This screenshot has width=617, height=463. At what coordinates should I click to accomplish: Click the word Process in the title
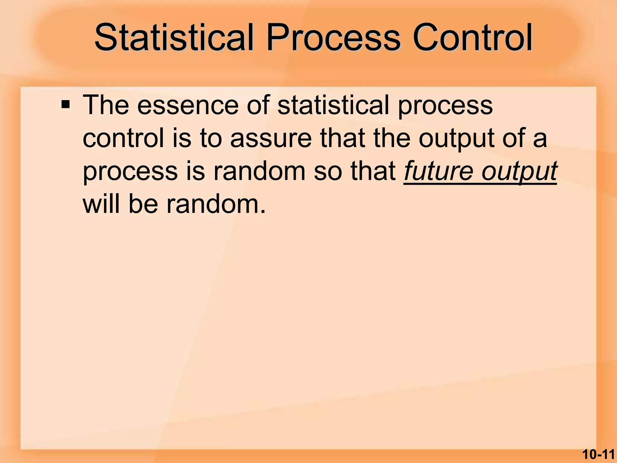(x=333, y=38)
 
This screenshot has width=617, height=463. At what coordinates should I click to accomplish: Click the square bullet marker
(x=65, y=105)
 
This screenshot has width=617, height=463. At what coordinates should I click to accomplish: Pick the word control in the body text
(x=123, y=138)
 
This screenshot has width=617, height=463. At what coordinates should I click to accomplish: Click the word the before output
(x=392, y=138)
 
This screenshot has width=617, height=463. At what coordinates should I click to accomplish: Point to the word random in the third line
(x=259, y=171)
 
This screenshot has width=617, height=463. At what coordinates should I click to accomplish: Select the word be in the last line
(x=143, y=204)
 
